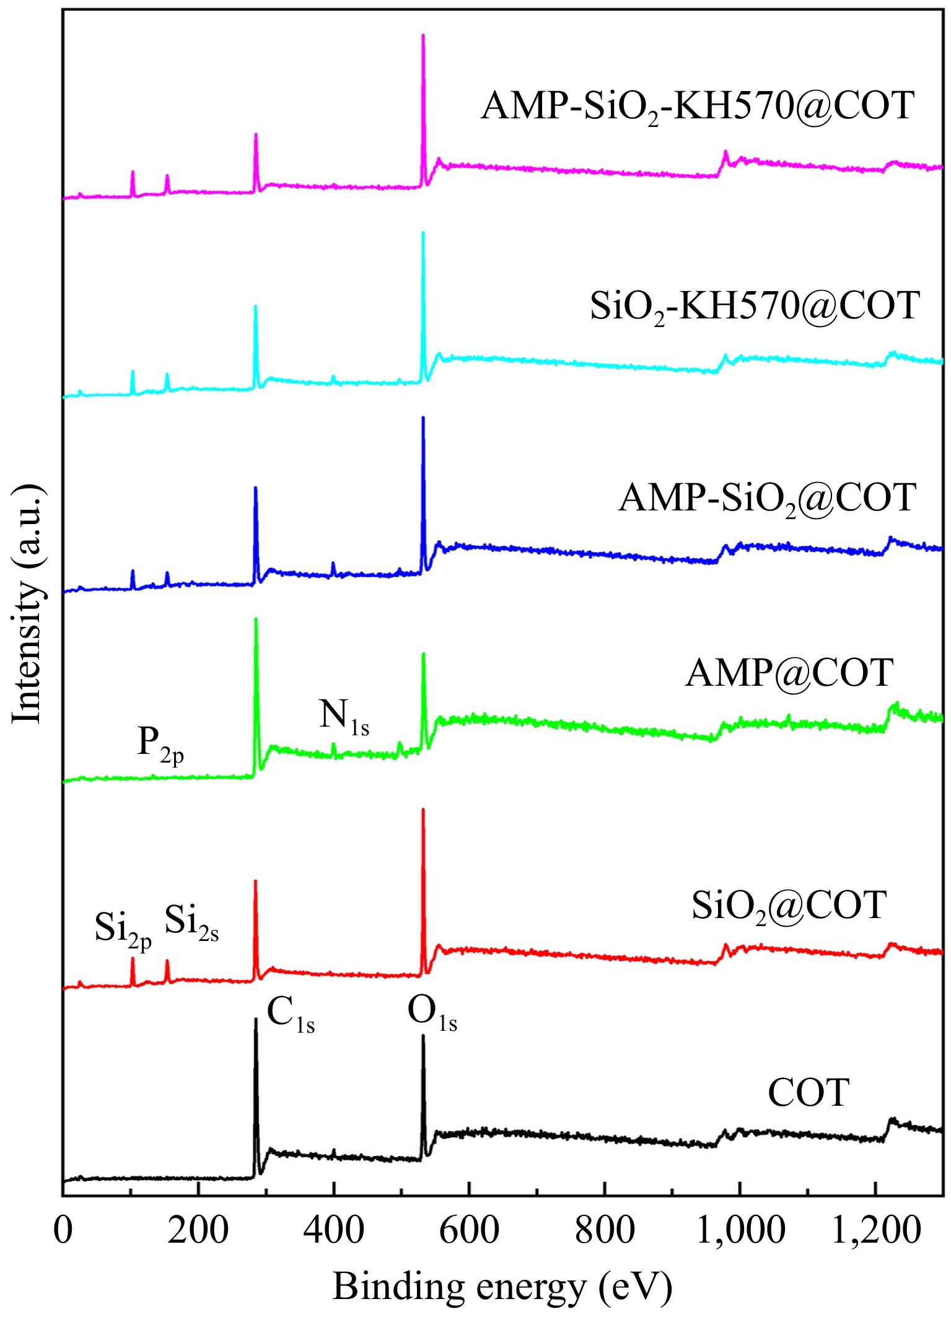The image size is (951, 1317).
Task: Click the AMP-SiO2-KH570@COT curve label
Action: pyautogui.click(x=698, y=107)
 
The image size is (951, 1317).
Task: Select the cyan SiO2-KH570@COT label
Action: pyautogui.click(x=754, y=306)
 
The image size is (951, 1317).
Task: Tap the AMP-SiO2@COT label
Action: pyautogui.click(x=767, y=498)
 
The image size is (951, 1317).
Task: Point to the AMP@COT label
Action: pyautogui.click(x=789, y=673)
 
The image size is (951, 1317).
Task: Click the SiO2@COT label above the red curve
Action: pyautogui.click(x=789, y=906)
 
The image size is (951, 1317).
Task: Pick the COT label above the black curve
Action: pyautogui.click(x=808, y=1093)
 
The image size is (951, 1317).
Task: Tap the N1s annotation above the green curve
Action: pyautogui.click(x=344, y=717)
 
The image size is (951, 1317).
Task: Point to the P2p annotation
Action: pyautogui.click(x=160, y=745)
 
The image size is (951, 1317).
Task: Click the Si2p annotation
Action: pyautogui.click(x=123, y=929)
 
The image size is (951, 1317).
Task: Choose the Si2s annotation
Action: pyautogui.click(x=191, y=923)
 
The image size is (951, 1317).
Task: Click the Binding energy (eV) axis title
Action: pyautogui.click(x=502, y=1287)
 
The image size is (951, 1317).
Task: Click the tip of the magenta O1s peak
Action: pyautogui.click(x=423, y=35)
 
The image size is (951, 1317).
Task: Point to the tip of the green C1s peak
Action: pyautogui.click(x=256, y=619)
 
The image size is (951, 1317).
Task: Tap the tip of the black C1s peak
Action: pyautogui.click(x=256, y=1019)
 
